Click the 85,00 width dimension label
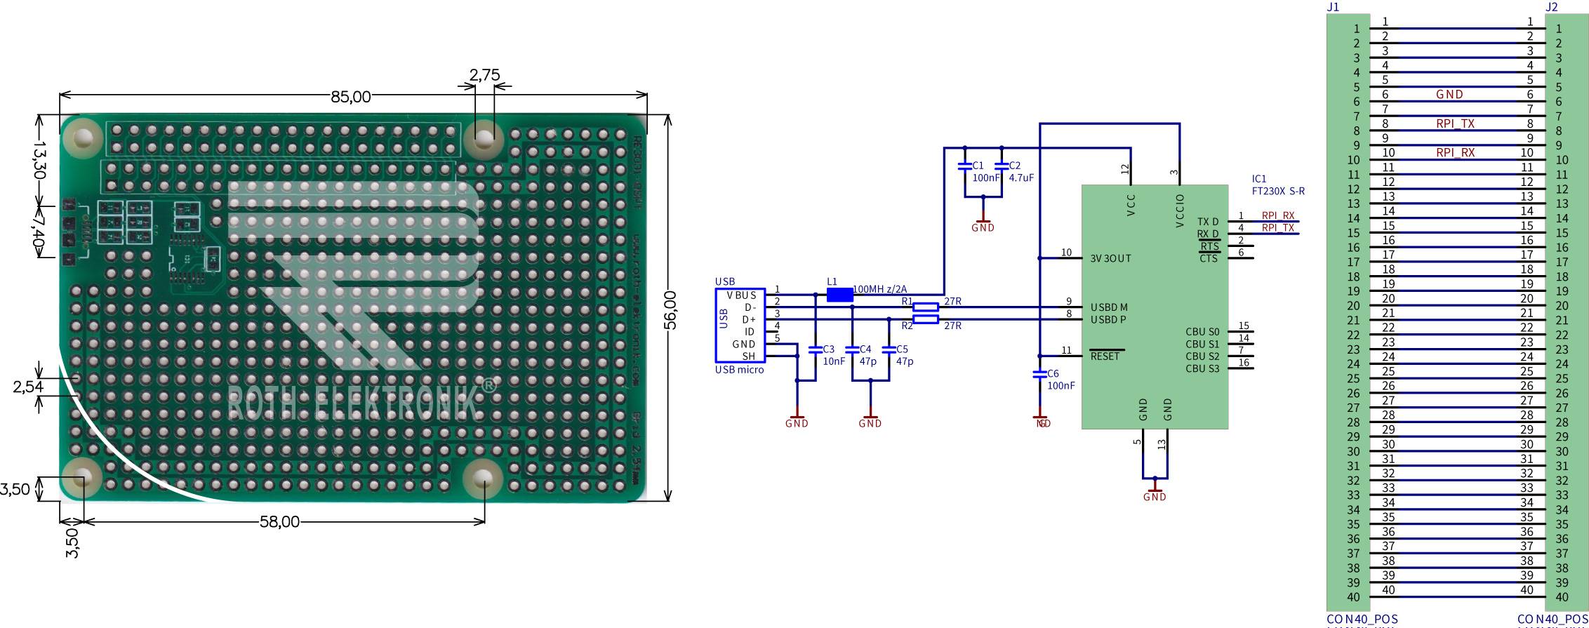tap(350, 97)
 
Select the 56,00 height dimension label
tap(670, 309)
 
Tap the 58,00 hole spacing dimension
tap(279, 522)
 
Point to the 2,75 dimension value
tap(484, 75)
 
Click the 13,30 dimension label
tap(39, 159)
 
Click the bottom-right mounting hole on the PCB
tap(483, 479)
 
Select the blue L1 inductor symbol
tap(839, 295)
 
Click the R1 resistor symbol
tap(926, 307)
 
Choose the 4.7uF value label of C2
tap(1021, 178)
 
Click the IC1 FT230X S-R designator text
tap(1277, 185)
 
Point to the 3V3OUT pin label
tap(1110, 258)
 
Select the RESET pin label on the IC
tap(1105, 356)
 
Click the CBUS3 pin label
tap(1202, 368)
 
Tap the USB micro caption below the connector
tap(739, 370)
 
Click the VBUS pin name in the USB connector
tap(741, 295)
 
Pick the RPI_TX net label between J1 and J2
tap(1455, 123)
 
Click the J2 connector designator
tap(1552, 7)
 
